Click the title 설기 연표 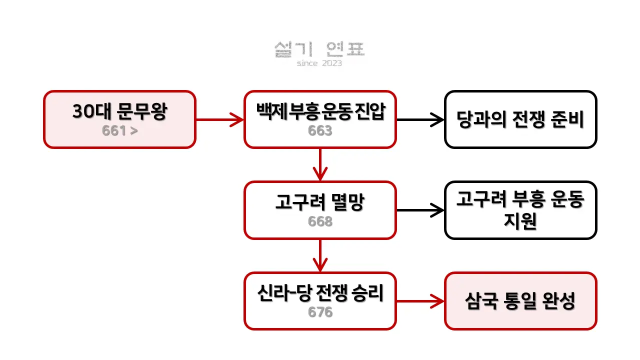coord(319,49)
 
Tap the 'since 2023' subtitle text coord(319,63)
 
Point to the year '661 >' coord(119,131)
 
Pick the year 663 coord(320,131)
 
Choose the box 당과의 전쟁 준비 coord(520,119)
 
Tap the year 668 coord(320,221)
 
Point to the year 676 coord(320,312)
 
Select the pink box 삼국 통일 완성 coord(520,301)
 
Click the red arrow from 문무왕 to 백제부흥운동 coord(219,119)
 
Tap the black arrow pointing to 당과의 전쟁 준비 coord(420,119)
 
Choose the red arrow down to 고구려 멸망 coord(320,164)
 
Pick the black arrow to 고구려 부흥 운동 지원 coord(420,210)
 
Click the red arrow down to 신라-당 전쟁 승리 coord(320,255)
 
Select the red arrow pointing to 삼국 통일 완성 coord(420,301)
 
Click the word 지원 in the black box coord(520,221)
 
